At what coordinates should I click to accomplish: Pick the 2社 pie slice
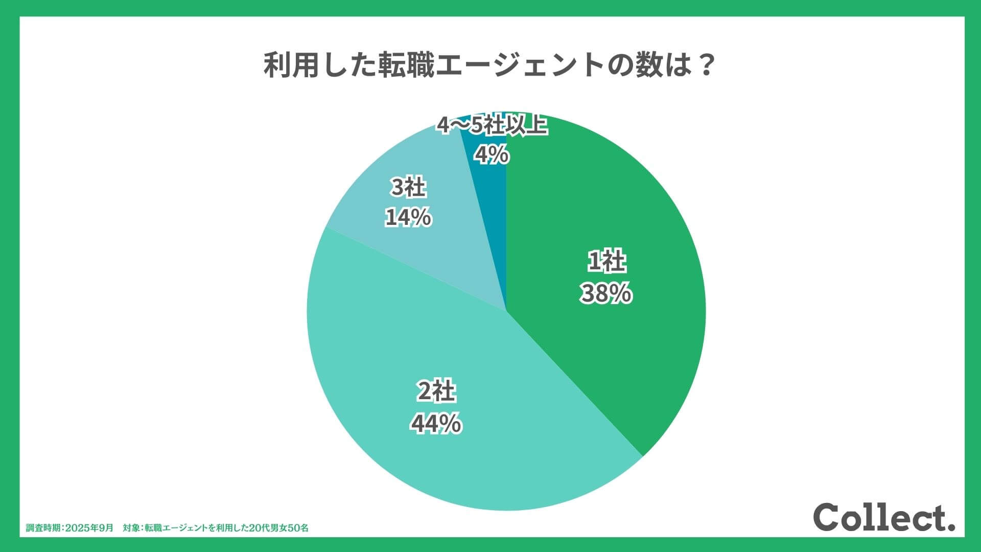point(460,460)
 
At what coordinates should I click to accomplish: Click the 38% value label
point(605,294)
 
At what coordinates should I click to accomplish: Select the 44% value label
point(436,424)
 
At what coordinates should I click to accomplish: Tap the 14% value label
point(408,218)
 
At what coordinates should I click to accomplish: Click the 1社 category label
point(606,262)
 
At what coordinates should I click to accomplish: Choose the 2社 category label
point(436,392)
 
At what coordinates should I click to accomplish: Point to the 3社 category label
point(408,188)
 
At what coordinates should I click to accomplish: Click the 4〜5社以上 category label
point(492,125)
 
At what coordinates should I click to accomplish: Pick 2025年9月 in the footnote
point(90,528)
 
